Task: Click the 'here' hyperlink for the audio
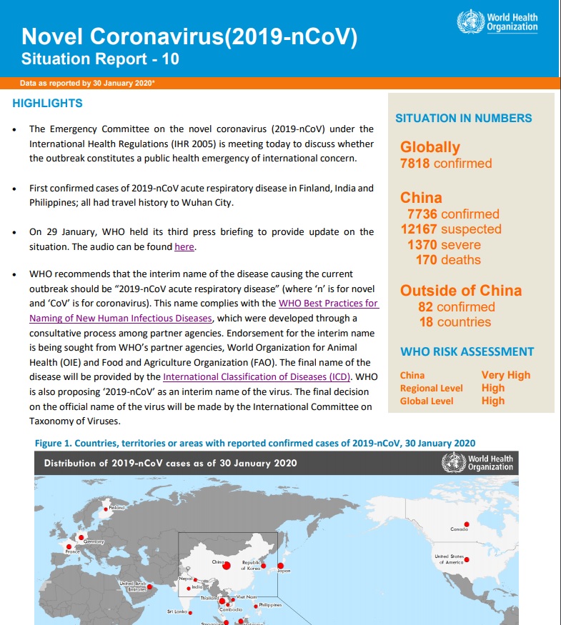click(184, 247)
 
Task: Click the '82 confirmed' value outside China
click(456, 307)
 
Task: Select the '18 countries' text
click(455, 322)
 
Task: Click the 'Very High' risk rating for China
click(506, 375)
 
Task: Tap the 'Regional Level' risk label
click(432, 388)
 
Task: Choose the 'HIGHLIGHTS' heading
click(48, 104)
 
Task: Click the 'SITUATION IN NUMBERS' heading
click(464, 119)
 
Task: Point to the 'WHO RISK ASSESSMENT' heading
click(467, 351)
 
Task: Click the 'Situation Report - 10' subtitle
click(100, 59)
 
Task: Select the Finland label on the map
click(116, 508)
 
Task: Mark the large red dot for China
click(227, 566)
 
